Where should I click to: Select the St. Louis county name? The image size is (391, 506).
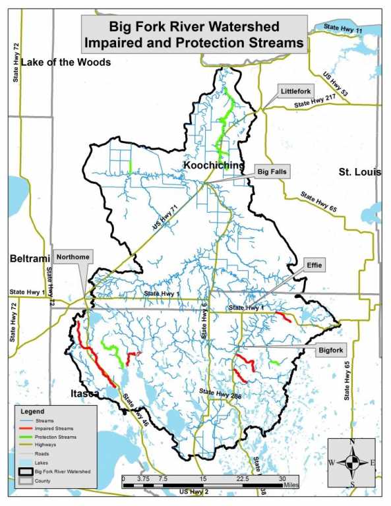tap(359, 172)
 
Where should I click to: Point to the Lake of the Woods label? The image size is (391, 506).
tap(65, 63)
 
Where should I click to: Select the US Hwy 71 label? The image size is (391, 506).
tap(165, 217)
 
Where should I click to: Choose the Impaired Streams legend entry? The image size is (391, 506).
tap(55, 428)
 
